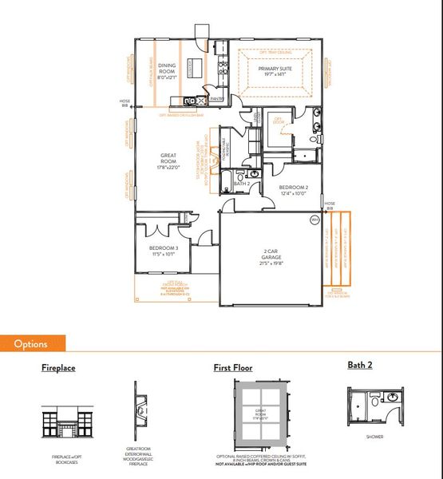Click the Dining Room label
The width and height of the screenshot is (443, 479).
[167, 71]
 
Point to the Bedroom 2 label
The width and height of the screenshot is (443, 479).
[293, 190]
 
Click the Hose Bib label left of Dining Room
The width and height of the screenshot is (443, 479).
[124, 103]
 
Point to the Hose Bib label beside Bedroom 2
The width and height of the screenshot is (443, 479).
[330, 205]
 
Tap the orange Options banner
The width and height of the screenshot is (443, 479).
[32, 344]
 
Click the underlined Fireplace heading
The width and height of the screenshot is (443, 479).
[60, 368]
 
